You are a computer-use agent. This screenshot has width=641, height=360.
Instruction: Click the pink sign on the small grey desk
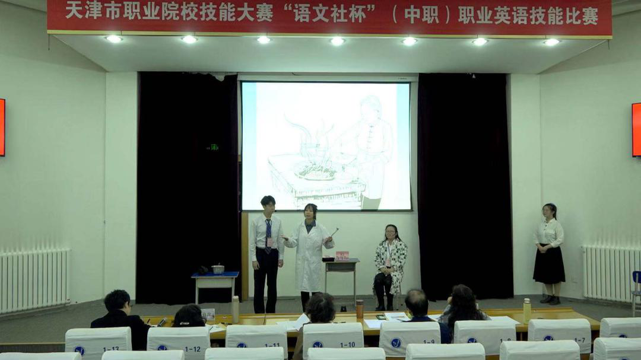(x=342, y=256)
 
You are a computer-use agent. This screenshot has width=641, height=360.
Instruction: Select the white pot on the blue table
(x=218, y=269)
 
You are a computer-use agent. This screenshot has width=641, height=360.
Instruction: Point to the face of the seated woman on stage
(x=391, y=232)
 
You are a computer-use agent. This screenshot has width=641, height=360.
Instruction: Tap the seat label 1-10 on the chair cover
(x=348, y=344)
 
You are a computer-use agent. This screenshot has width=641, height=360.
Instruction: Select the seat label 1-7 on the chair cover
(x=579, y=340)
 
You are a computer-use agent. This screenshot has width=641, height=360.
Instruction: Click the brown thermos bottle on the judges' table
(x=360, y=309)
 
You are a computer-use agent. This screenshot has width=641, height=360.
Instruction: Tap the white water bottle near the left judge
(x=236, y=309)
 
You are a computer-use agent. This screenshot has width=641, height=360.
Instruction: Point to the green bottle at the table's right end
(x=526, y=310)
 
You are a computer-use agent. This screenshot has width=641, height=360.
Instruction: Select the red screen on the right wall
(x=636, y=129)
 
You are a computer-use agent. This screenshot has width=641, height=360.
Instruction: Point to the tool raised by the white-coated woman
(x=335, y=231)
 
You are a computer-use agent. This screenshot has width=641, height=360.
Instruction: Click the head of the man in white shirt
(x=268, y=203)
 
